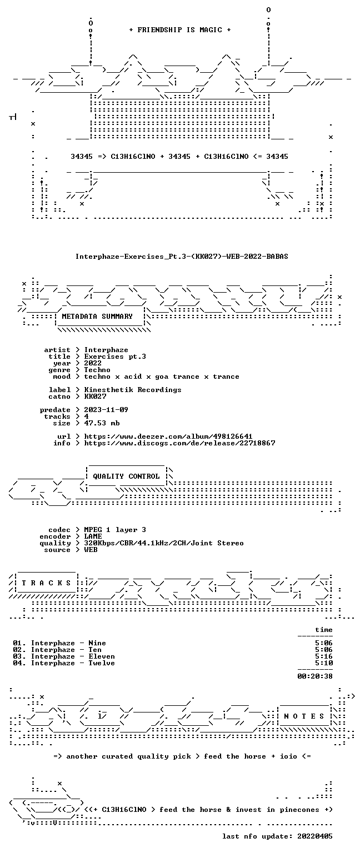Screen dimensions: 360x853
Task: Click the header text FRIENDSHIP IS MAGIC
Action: pyautogui.click(x=180, y=29)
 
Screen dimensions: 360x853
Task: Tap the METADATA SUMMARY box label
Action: pyautogui.click(x=97, y=316)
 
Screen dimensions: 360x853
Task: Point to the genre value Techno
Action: pyautogui.click(x=97, y=370)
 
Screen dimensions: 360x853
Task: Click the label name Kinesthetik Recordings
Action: pyautogui.click(x=133, y=389)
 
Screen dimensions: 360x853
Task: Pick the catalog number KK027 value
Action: pyautogui.click(x=95, y=397)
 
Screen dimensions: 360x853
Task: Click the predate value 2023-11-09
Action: pyautogui.click(x=106, y=410)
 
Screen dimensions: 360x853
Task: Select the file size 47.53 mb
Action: pyautogui.click(x=102, y=423)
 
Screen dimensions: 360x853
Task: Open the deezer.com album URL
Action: pyautogui.click(x=168, y=436)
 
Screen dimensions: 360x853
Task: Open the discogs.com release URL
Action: pyautogui.click(x=179, y=443)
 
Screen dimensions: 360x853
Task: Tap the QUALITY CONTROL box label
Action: pyautogui.click(x=126, y=476)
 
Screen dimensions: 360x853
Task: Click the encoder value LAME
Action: pyautogui.click(x=93, y=536)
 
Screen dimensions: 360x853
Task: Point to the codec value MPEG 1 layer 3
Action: pyautogui.click(x=115, y=530)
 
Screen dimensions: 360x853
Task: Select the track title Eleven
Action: pyautogui.click(x=102, y=656)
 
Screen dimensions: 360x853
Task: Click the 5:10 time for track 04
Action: pyautogui.click(x=324, y=663)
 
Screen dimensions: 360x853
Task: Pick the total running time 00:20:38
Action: pyautogui.click(x=315, y=676)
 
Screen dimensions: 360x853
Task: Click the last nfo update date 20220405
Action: pyautogui.click(x=315, y=836)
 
